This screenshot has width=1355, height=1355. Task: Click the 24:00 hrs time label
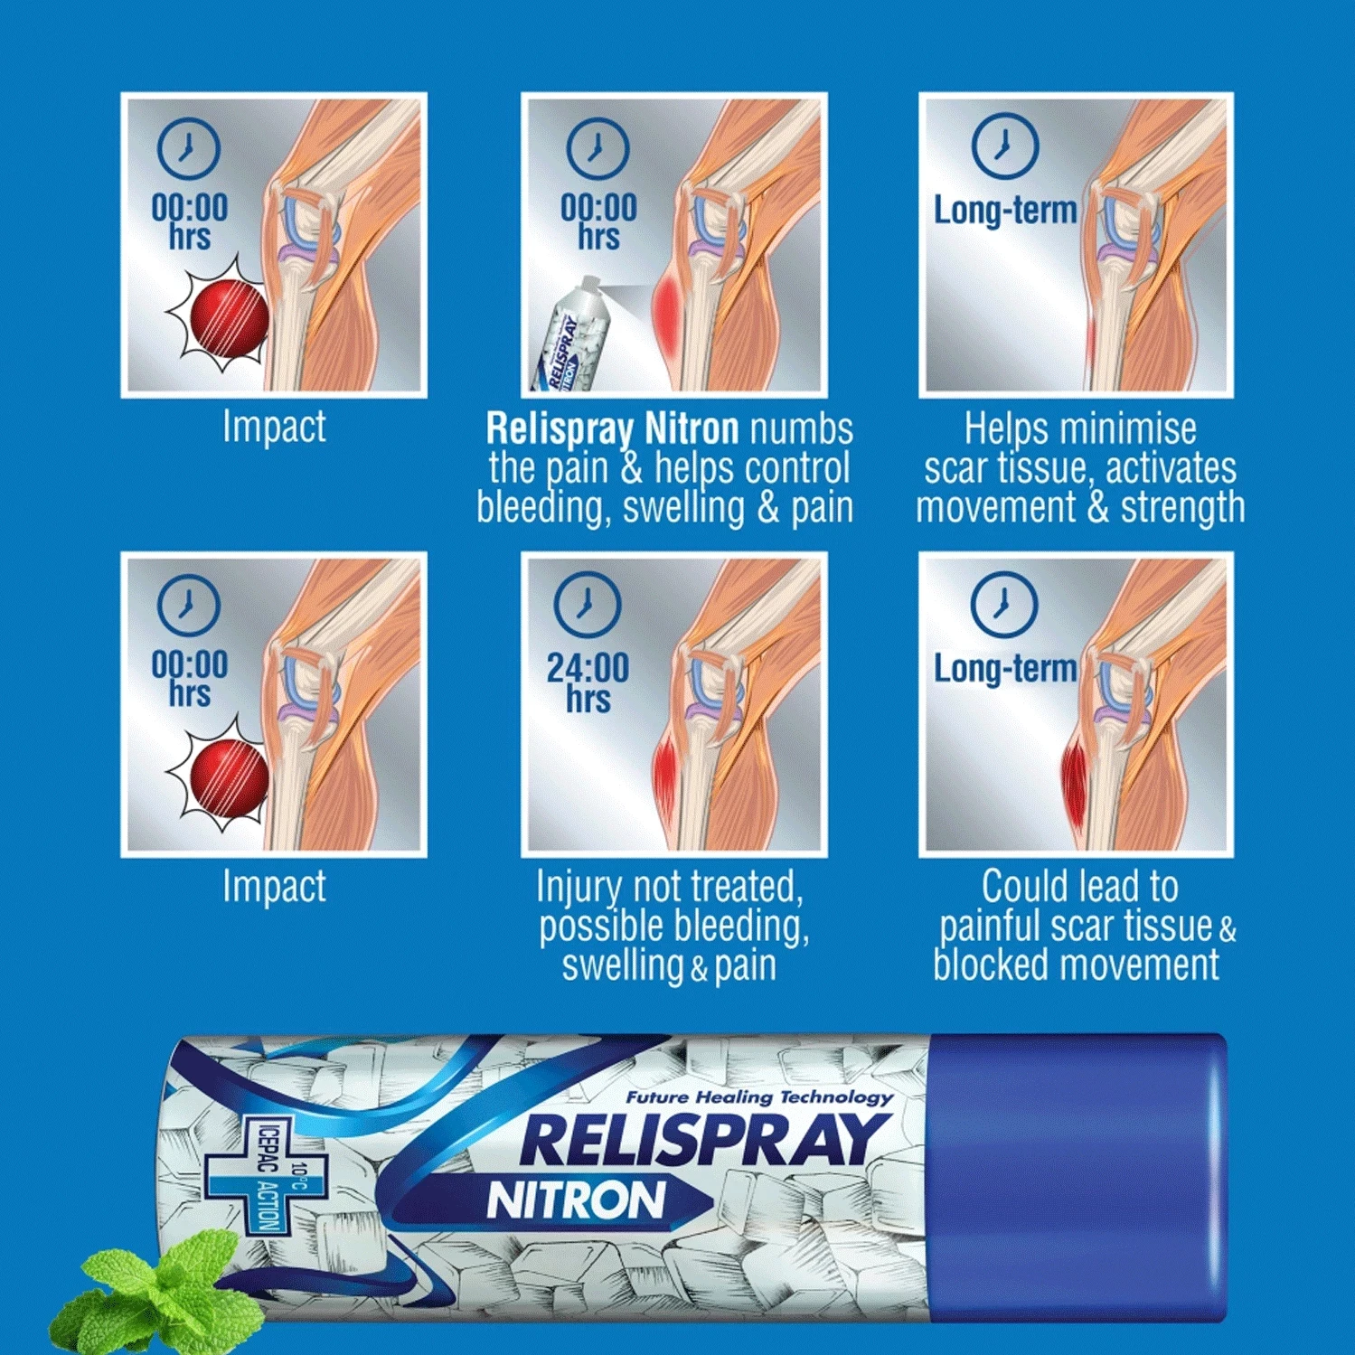coord(588,683)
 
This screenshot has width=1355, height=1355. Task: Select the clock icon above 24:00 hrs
coord(588,603)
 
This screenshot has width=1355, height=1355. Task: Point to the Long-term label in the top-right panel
coord(1005,211)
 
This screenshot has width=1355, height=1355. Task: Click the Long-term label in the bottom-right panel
coord(1005,669)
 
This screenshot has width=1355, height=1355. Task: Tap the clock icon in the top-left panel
coord(188,147)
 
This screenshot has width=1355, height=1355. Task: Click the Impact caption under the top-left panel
coord(274,427)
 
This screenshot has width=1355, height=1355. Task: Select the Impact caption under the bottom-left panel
coord(274,886)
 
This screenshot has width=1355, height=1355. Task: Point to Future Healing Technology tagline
coord(759,1097)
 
